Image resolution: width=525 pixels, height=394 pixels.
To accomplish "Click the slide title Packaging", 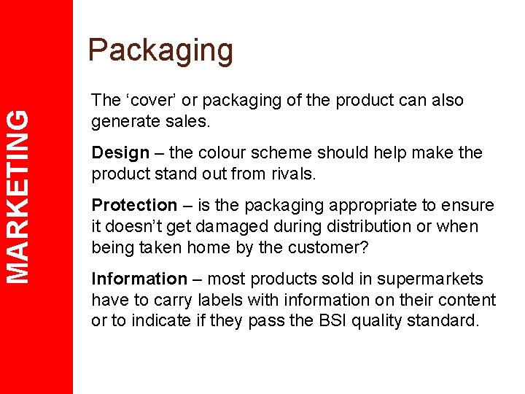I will [160, 50].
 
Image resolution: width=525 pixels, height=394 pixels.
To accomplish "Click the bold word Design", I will [120, 152].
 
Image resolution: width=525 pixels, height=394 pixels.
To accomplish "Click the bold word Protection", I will [134, 205].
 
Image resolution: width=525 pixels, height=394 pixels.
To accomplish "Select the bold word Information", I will [139, 279].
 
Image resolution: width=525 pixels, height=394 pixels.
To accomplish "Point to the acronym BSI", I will [329, 321].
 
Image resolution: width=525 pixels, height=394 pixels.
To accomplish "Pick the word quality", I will [377, 321].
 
